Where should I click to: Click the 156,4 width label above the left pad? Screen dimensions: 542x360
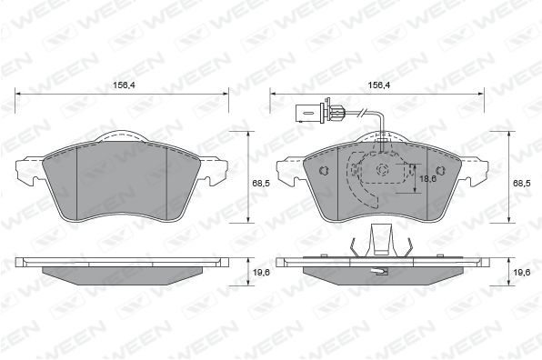(x=124, y=85)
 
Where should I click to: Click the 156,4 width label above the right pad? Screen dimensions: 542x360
(x=379, y=85)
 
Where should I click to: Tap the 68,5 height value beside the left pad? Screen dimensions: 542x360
(x=261, y=184)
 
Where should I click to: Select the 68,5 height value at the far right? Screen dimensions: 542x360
(x=522, y=184)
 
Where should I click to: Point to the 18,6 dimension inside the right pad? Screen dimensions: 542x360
(x=428, y=178)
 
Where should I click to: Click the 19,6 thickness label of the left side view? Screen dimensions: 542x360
(x=261, y=272)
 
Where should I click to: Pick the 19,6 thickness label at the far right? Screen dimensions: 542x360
(x=522, y=272)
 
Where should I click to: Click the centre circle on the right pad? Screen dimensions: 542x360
(x=382, y=170)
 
